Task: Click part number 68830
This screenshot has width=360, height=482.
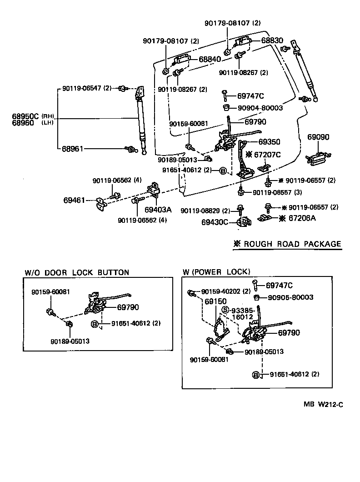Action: [272, 40]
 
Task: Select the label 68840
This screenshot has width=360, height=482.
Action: [210, 60]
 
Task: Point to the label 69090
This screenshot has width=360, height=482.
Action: [318, 137]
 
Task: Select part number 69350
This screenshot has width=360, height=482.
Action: [270, 141]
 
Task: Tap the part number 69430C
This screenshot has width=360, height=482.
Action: [216, 222]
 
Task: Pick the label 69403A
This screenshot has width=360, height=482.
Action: [158, 210]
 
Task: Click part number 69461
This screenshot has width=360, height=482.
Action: [74, 200]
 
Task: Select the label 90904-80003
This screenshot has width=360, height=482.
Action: [260, 108]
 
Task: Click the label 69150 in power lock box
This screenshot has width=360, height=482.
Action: [216, 301]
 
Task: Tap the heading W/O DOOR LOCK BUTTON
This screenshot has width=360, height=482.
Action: [77, 272]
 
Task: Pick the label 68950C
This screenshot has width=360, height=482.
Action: [26, 116]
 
